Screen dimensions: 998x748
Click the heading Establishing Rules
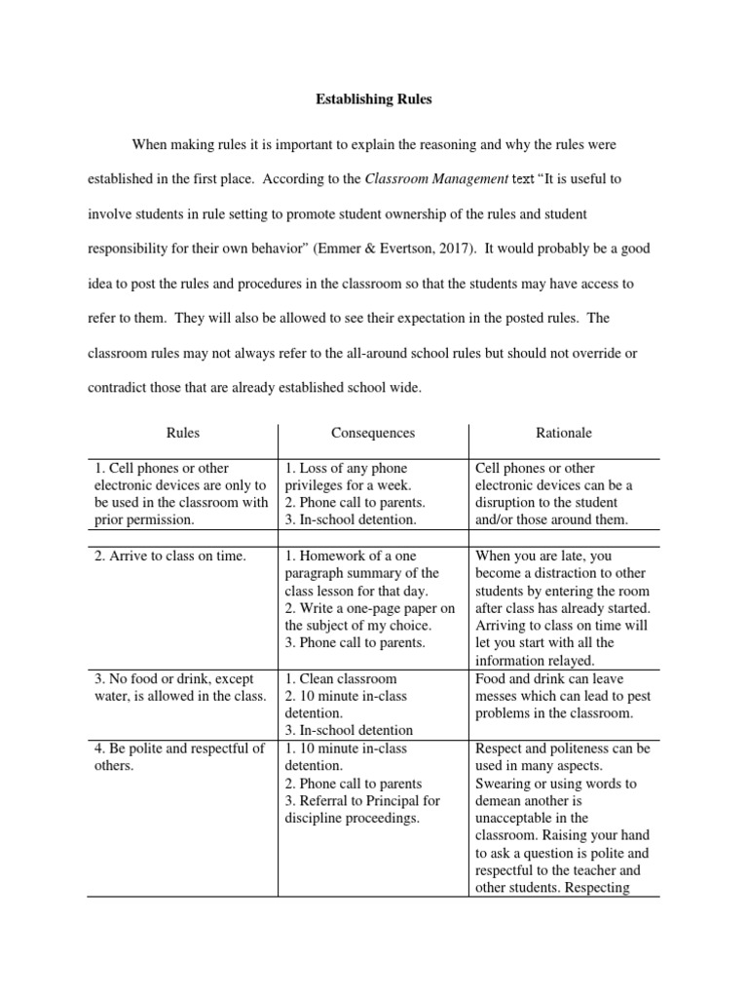[x=373, y=99]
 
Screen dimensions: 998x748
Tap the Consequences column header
[x=373, y=433]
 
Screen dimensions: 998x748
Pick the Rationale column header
[x=563, y=433]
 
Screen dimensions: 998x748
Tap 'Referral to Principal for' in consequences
[x=362, y=801]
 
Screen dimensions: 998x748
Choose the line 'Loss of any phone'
[x=346, y=468]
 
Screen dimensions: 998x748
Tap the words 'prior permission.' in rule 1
[x=144, y=520]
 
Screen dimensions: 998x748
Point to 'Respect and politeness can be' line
[x=563, y=748]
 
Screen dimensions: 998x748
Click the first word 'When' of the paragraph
[x=150, y=143]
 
